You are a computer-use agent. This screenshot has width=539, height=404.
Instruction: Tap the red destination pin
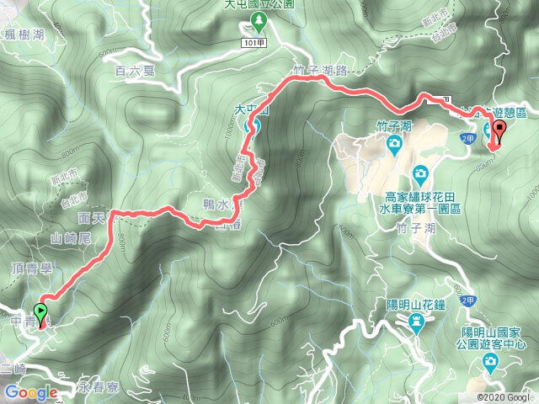(x=498, y=130)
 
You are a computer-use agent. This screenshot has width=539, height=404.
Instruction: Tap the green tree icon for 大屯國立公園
(x=260, y=19)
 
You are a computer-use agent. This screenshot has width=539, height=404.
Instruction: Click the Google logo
(x=30, y=393)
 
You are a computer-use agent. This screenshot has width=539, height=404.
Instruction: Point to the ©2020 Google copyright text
(x=504, y=397)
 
